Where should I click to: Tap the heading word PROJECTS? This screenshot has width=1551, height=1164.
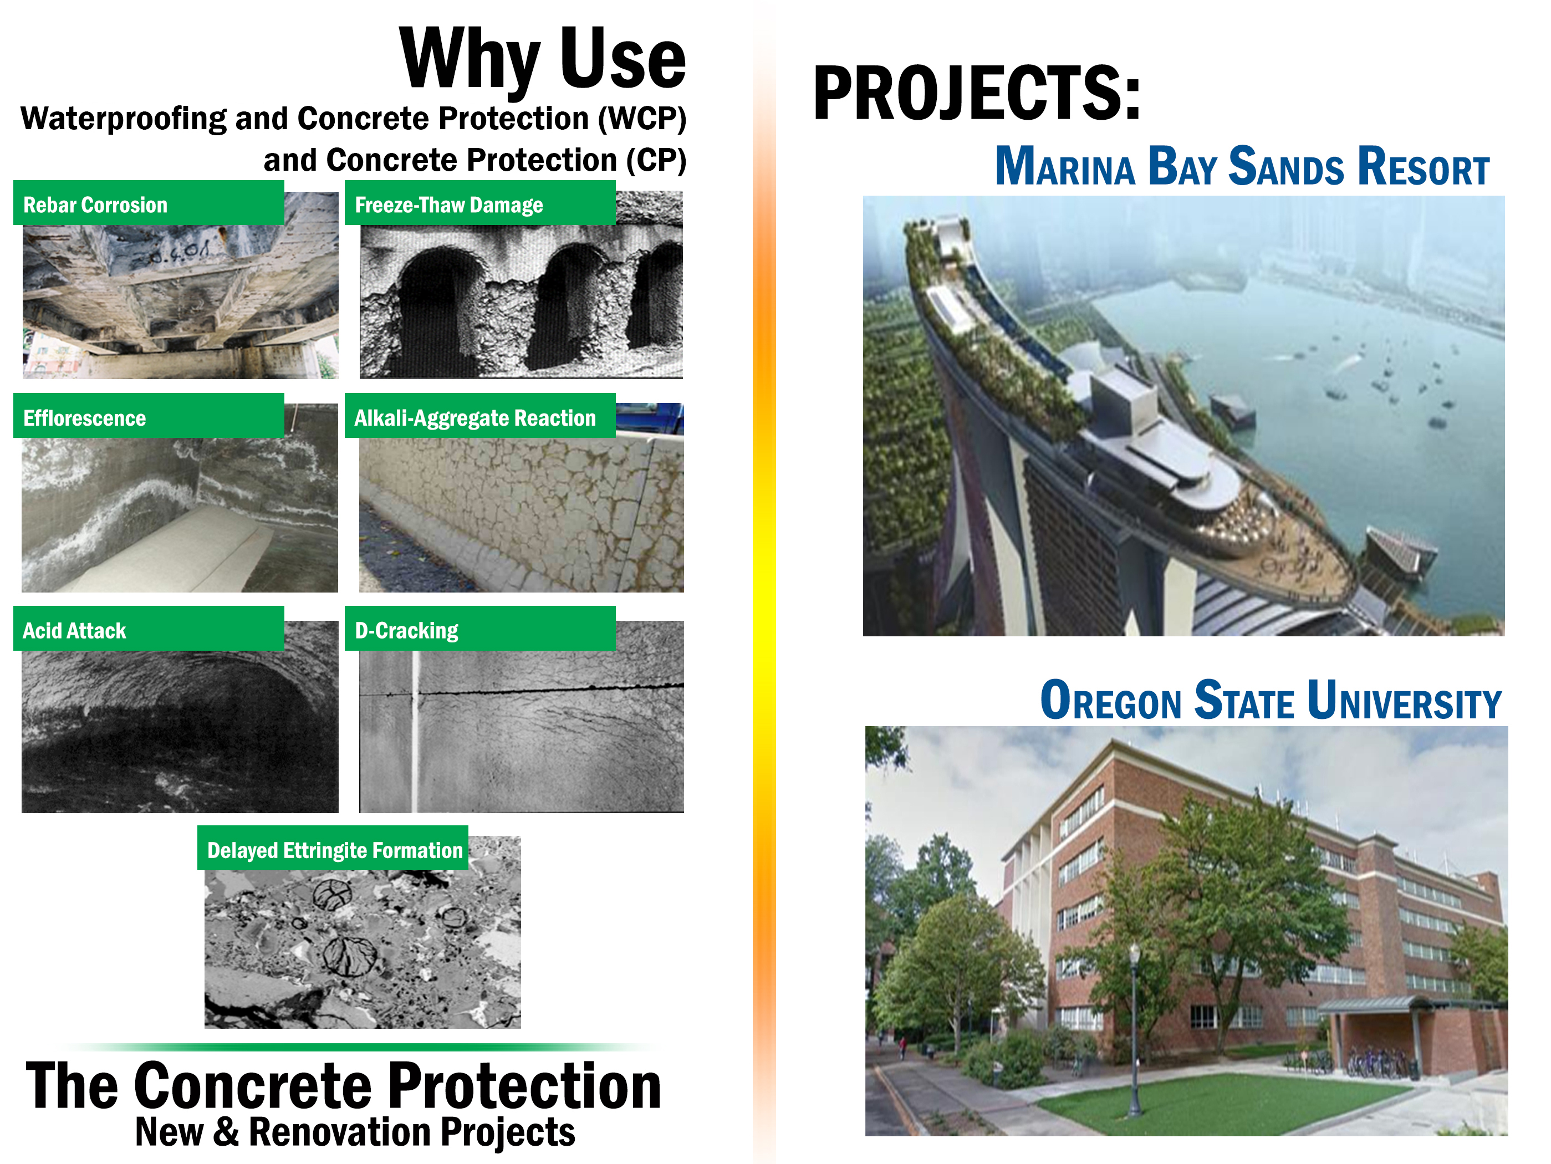977,93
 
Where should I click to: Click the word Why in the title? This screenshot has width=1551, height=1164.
469,60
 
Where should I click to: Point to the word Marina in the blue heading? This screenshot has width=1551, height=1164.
1064,167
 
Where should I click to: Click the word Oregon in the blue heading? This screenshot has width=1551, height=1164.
1111,701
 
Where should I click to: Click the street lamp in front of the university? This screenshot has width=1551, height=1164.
1134,1031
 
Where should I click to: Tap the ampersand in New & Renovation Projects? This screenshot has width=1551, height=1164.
226,1131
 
